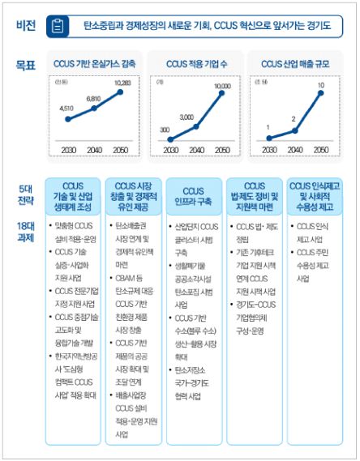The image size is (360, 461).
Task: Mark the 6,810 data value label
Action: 93,99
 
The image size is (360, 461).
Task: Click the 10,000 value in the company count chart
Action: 221,86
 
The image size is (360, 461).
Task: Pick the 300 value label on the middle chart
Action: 165,130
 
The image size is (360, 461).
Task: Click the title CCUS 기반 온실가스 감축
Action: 95,62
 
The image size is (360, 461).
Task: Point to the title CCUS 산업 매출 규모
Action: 295,62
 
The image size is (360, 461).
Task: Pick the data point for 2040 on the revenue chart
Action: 295,128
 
